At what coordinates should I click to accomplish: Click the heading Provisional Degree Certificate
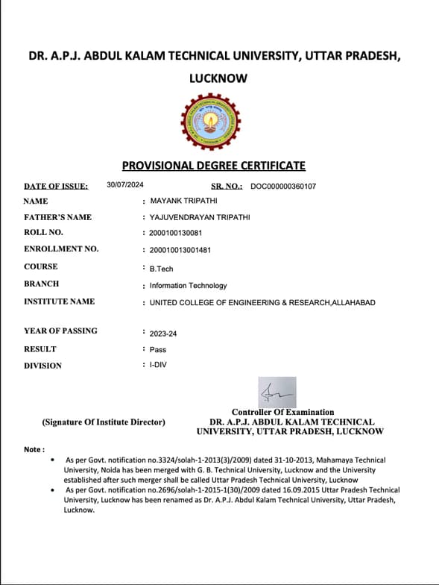coord(213,166)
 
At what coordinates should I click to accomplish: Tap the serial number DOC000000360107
coord(283,186)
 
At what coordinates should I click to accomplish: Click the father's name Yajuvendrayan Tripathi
coord(200,217)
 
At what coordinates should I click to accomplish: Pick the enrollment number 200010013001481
coord(180,250)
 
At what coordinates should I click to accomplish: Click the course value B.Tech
coord(161,269)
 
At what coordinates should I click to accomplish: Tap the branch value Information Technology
coord(188,286)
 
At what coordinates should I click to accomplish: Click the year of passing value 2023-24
coord(163,334)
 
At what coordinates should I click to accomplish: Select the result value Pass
coord(158,349)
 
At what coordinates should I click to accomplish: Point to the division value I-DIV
coord(158,366)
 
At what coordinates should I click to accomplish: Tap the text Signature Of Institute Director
coord(104,422)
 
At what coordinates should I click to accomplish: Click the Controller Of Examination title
coord(282,412)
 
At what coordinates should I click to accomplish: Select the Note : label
coord(34,449)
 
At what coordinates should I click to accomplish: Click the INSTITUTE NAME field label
coord(59,301)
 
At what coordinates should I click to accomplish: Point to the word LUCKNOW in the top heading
coord(218,78)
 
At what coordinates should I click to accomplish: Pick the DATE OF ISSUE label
coord(56,186)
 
